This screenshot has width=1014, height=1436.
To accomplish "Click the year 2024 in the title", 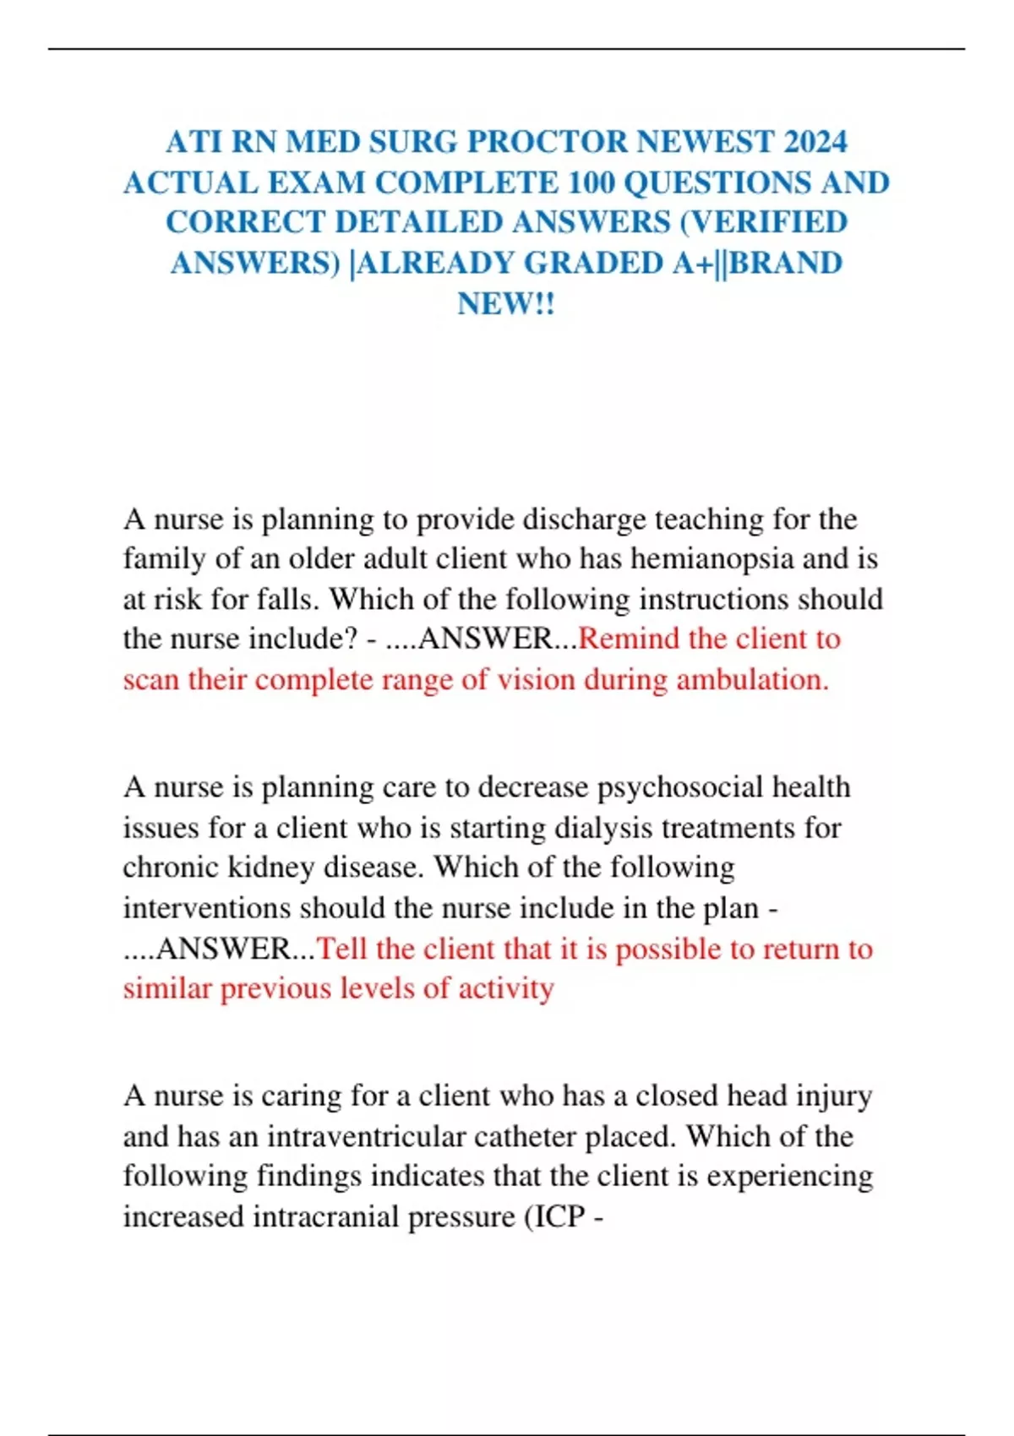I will (x=815, y=142).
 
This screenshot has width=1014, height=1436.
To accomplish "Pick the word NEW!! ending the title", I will (x=506, y=303).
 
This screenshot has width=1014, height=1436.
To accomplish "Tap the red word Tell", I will (x=341, y=949).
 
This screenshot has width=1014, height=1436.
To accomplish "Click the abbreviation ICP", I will (x=559, y=1217).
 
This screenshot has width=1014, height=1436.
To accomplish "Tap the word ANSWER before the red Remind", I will (x=484, y=639).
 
